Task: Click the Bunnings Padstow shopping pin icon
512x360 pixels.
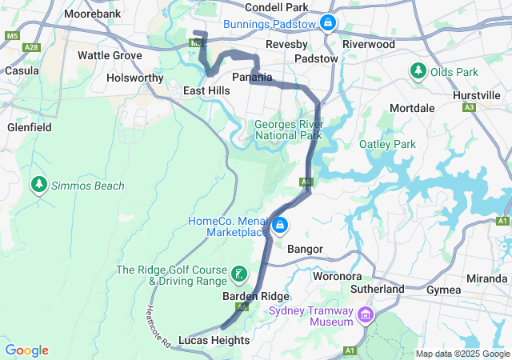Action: click(x=327, y=22)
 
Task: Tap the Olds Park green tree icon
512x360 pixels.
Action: click(x=418, y=72)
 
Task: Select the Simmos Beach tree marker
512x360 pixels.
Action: click(x=38, y=186)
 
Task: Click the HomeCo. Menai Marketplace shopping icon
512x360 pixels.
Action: click(x=279, y=226)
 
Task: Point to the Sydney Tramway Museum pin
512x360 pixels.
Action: click(x=366, y=316)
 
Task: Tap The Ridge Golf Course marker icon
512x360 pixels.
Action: click(x=238, y=275)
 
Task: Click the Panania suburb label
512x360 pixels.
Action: click(x=252, y=77)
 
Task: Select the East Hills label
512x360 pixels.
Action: click(x=206, y=91)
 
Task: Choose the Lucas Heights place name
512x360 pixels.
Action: click(x=214, y=340)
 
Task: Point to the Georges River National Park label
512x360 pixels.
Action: click(x=288, y=130)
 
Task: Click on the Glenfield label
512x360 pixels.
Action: click(x=29, y=127)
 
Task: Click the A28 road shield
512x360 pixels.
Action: click(x=31, y=48)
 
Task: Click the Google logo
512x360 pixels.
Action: click(x=26, y=350)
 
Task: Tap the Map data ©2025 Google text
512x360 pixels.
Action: click(x=462, y=354)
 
